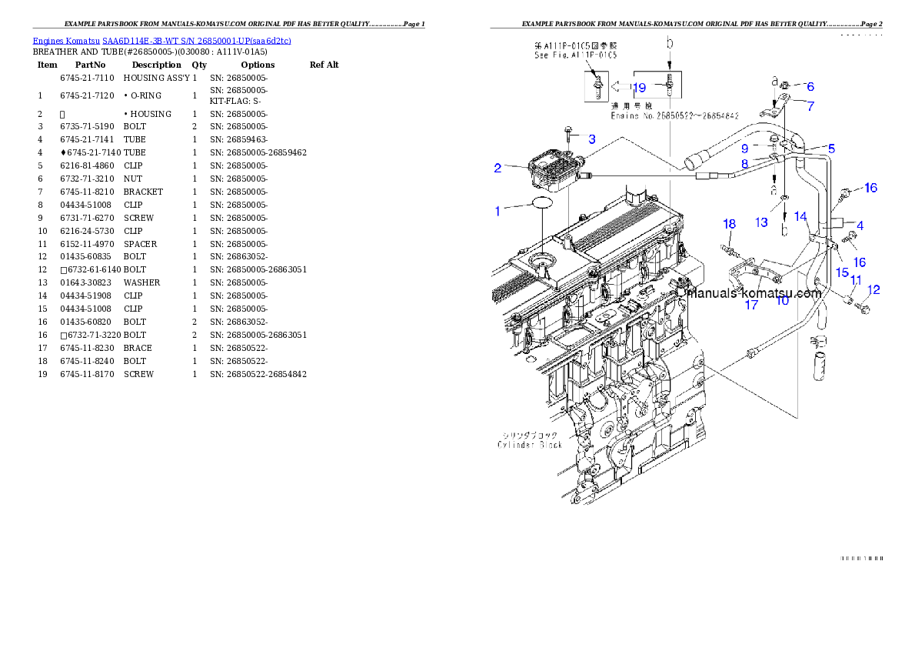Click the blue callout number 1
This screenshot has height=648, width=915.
pos(497,211)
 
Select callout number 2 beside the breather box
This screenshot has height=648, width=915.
pos(498,167)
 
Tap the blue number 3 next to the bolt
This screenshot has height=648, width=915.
pos(592,139)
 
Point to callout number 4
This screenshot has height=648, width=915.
pos(860,225)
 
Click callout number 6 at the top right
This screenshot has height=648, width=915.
pos(810,87)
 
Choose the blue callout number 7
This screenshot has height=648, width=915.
pos(810,105)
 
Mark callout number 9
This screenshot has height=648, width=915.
pos(745,148)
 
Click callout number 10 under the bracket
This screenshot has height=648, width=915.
pos(782,301)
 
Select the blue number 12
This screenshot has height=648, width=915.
pos(873,290)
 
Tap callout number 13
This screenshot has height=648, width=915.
pos(761,222)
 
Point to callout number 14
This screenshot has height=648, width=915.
pos(800,217)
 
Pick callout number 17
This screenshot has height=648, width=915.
pos(751,305)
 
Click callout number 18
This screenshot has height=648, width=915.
pos(729,224)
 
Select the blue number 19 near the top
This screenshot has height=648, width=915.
pos(639,88)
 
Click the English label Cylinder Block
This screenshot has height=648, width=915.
pos(530,445)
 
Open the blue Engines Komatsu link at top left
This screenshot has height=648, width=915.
pos(161,40)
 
